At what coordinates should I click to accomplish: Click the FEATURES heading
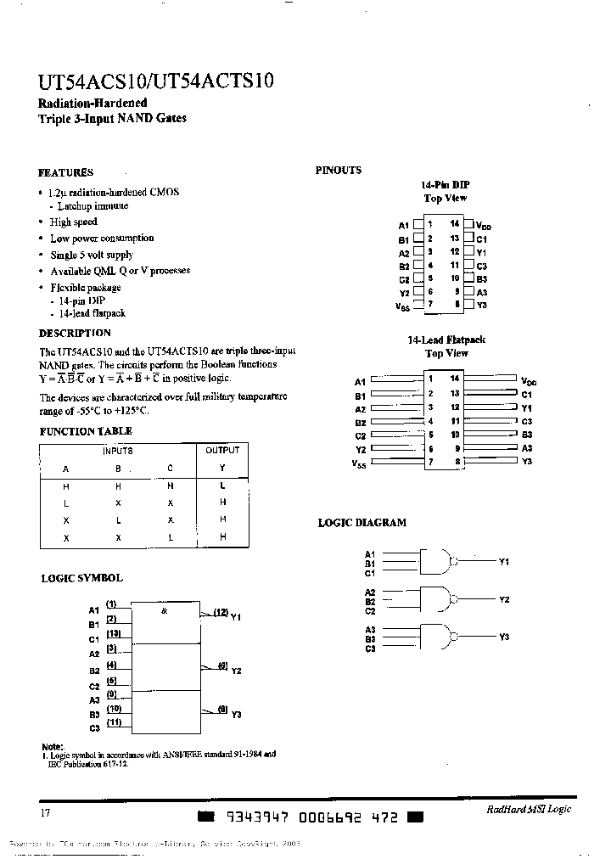tap(66, 172)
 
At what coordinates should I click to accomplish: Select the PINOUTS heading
tap(338, 170)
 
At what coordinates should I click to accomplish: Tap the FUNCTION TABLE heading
tap(86, 431)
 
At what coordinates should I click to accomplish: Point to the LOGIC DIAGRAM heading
tap(362, 523)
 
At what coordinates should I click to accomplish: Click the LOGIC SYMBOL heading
tap(81, 578)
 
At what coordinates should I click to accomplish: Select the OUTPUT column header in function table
tap(222, 451)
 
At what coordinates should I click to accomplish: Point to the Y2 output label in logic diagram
tap(503, 599)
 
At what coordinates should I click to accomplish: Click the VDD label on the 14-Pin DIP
tap(484, 226)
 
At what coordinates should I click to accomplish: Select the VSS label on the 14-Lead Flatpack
tap(358, 463)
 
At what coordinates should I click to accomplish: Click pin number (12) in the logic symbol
tap(221, 612)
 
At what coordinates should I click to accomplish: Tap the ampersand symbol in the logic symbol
tap(165, 611)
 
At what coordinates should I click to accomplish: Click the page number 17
tap(46, 812)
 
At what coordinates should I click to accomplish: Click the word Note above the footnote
tap(52, 744)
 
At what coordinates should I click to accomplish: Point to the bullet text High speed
tap(74, 222)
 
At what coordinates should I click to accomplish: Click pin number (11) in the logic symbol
tap(114, 722)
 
